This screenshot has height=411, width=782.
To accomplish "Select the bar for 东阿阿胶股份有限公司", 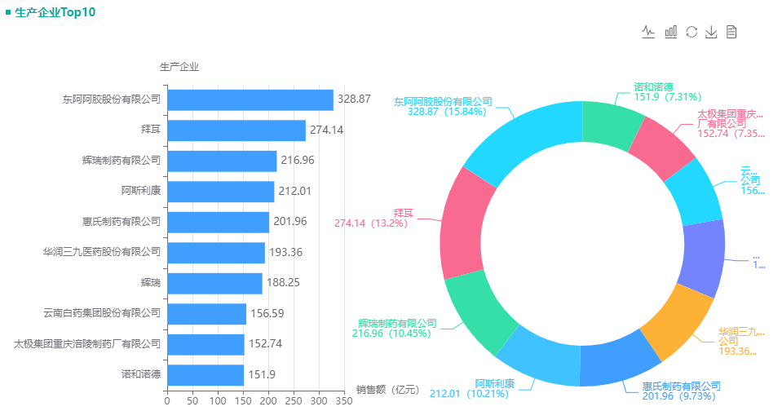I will click(250, 99).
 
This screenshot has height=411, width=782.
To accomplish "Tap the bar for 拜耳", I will click(236, 130).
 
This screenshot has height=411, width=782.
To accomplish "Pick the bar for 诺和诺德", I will click(205, 375).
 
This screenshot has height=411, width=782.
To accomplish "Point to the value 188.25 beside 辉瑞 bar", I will click(284, 283).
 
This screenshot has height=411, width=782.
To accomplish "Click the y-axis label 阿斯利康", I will click(141, 192).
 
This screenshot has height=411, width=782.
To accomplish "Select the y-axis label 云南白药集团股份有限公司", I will click(102, 313).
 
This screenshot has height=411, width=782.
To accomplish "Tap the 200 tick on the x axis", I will click(267, 401).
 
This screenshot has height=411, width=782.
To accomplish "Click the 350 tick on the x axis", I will click(343, 401).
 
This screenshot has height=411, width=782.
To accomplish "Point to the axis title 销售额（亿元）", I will click(387, 389).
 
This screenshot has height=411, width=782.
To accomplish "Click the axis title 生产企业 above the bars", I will click(179, 66).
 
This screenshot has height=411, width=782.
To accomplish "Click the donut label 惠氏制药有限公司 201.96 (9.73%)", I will click(680, 391).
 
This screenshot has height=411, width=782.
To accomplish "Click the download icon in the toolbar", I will click(711, 32).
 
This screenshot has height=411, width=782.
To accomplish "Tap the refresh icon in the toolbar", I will click(691, 32).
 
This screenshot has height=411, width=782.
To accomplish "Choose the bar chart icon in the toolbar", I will click(671, 32).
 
